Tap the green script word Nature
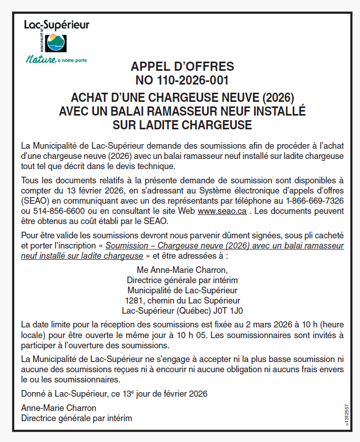pyautogui.click(x=41, y=60)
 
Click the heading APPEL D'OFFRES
pyautogui.click(x=182, y=67)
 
